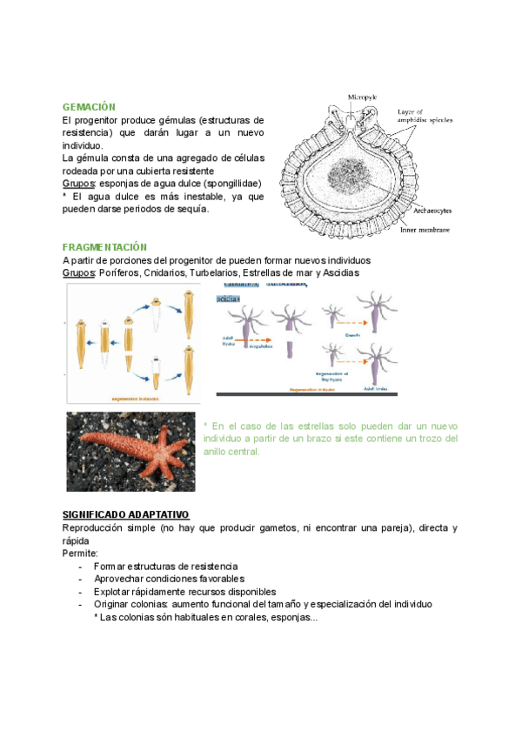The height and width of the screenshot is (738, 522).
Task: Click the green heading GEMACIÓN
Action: point(90,106)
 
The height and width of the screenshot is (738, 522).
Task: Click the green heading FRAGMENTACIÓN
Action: point(105,248)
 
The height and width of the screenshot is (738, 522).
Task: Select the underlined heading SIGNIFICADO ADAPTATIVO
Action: point(126,515)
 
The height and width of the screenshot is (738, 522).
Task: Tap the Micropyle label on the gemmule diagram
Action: point(361,97)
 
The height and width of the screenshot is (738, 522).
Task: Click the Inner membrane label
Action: point(425,230)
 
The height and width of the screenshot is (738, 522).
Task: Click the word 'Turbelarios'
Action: point(214,273)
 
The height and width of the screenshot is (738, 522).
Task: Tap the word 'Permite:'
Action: point(80,553)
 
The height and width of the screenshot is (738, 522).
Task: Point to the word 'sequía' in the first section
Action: point(191,208)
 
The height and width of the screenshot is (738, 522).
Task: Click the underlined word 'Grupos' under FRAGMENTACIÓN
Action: point(78,273)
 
